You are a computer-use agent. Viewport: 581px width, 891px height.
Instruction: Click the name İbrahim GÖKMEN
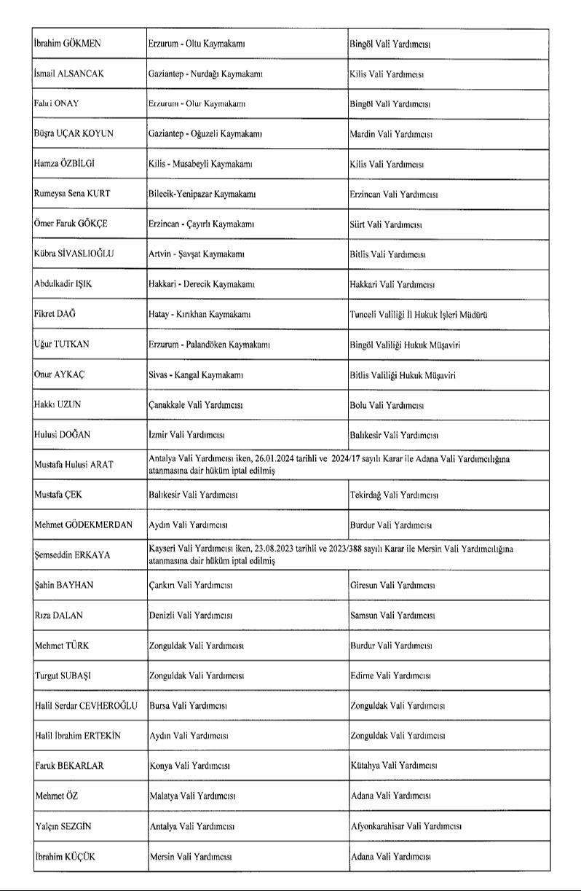click(x=68, y=44)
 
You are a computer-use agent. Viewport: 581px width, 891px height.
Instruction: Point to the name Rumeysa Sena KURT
click(x=75, y=195)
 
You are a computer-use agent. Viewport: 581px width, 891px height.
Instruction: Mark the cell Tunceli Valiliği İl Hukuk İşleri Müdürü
click(x=419, y=315)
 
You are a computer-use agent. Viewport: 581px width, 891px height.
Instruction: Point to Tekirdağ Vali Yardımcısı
click(x=394, y=495)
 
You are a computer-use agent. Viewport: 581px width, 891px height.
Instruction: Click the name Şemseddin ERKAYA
click(x=72, y=555)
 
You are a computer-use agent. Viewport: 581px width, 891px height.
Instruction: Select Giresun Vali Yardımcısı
click(x=392, y=585)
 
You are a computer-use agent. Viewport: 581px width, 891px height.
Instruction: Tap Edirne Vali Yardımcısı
click(x=392, y=676)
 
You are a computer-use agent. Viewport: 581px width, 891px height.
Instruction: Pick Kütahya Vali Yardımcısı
click(x=393, y=766)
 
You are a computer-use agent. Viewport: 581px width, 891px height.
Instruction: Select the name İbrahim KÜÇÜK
click(x=65, y=857)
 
